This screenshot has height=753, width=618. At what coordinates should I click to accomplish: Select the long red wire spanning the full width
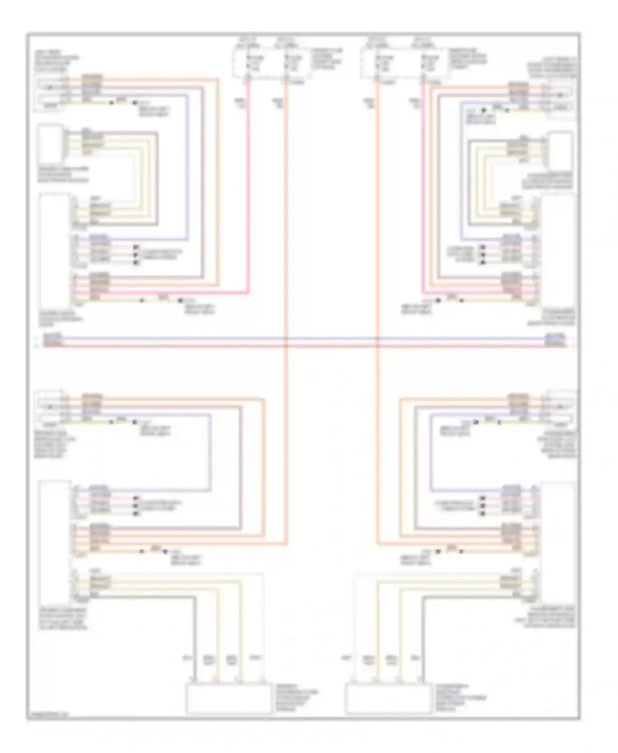click(165, 346)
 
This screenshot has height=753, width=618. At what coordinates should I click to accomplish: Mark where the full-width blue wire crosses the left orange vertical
click(286, 339)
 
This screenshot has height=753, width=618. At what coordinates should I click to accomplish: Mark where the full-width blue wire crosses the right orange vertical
click(377, 339)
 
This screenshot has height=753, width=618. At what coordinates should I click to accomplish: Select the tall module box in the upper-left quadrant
click(55, 251)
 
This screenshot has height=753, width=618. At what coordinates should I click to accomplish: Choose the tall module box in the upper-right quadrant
click(558, 251)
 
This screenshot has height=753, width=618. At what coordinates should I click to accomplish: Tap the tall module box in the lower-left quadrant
click(55, 540)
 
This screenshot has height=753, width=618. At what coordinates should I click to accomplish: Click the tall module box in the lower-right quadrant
click(558, 540)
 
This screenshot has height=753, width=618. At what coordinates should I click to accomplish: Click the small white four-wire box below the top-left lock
click(50, 144)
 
